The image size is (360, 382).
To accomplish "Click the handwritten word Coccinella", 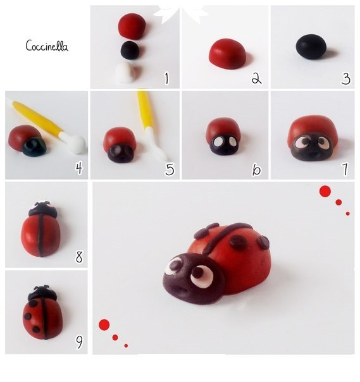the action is click(x=47, y=46).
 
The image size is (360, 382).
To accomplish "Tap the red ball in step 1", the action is click(x=132, y=26).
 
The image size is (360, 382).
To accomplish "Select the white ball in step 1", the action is click(x=126, y=73).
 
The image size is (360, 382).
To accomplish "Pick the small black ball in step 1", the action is click(x=130, y=50).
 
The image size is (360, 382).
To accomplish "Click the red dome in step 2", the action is click(x=227, y=54).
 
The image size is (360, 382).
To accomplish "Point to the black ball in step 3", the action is click(x=311, y=47).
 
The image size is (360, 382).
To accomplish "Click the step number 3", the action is click(x=346, y=79).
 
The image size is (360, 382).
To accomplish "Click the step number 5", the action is click(x=170, y=169).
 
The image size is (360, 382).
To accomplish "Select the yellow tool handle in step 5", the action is click(x=144, y=109).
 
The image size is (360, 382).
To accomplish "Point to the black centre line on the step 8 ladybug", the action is click(x=40, y=235).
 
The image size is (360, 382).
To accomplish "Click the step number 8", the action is click(x=79, y=257).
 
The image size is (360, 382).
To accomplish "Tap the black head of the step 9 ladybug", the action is click(x=42, y=293).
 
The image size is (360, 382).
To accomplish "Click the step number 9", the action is click(x=79, y=342).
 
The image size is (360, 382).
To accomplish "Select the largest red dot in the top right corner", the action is click(x=325, y=191).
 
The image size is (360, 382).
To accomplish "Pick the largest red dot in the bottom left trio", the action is click(x=104, y=324).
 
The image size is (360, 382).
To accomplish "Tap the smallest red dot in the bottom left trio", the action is click(x=126, y=346).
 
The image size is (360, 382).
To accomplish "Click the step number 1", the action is click(x=166, y=78).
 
